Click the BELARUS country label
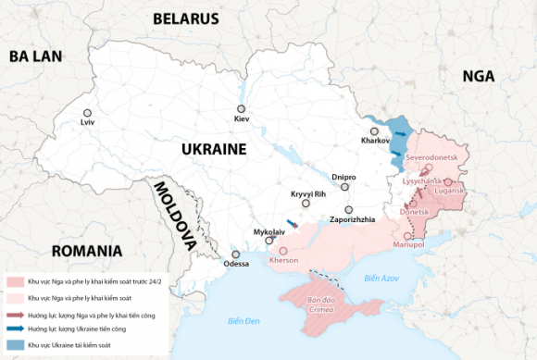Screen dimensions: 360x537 [x=186, y=19]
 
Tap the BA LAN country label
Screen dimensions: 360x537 [x=35, y=56]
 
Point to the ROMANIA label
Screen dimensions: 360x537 [x=87, y=251]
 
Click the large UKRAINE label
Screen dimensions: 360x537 [x=213, y=149]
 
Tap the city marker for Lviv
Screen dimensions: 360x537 [x=88, y=113]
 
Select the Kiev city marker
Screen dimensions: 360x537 [x=242, y=109]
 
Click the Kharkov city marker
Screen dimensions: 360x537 [x=378, y=131]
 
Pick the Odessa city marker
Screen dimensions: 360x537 [x=236, y=254]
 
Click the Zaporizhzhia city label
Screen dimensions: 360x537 [x=353, y=219]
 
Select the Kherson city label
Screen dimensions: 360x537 [x=283, y=261]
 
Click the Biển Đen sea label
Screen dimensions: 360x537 [x=242, y=320]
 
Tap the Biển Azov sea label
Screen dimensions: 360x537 [x=381, y=278]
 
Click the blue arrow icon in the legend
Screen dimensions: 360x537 [x=15, y=328]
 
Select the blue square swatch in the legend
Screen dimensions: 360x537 [x=15, y=343]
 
